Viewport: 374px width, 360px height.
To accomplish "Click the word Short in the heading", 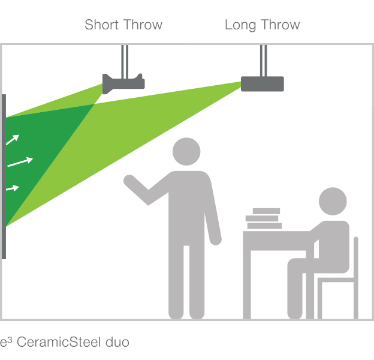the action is (102, 25).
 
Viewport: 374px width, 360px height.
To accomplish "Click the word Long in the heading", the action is (240, 25).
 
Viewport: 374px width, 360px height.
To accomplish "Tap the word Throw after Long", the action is (280, 25).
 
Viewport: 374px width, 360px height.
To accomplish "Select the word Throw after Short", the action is (143, 25).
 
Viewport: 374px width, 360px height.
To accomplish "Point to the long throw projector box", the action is (263, 84).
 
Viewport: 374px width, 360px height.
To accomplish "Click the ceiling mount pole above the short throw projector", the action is (125, 61).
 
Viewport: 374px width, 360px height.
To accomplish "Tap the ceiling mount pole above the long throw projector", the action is (263, 61).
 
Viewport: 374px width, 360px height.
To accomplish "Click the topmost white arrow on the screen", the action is (13, 140).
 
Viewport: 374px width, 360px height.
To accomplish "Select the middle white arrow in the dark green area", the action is (20, 161).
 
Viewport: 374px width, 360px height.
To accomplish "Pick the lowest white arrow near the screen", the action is (13, 188).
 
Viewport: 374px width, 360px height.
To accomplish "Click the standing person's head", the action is (186, 151).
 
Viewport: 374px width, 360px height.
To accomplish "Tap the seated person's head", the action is (333, 201).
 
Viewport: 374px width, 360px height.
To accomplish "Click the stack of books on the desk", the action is (264, 218).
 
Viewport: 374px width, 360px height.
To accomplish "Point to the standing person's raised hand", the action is (129, 180).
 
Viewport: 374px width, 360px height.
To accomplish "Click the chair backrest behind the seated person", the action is (356, 278).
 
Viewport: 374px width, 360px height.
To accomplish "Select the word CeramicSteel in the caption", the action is (59, 342).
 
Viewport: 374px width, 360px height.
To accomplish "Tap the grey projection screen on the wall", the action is (4, 176).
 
